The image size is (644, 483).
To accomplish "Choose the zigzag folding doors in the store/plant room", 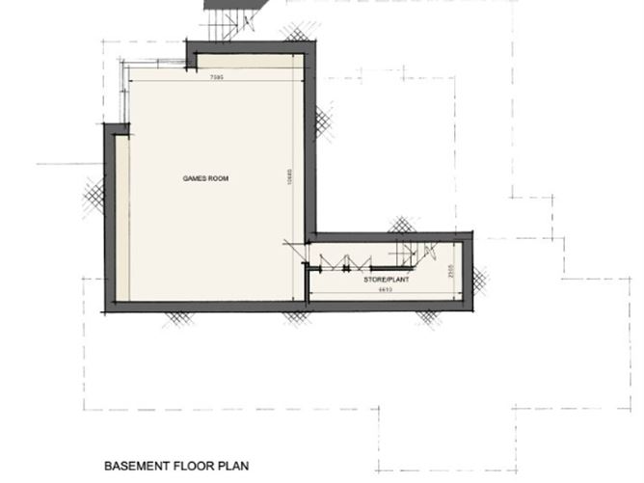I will (347, 257).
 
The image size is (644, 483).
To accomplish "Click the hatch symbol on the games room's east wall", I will (322, 121).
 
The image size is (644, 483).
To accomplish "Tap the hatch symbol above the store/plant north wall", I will (401, 226).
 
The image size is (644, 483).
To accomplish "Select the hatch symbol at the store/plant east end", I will (479, 281).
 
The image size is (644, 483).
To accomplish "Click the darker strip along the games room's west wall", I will (121, 217).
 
